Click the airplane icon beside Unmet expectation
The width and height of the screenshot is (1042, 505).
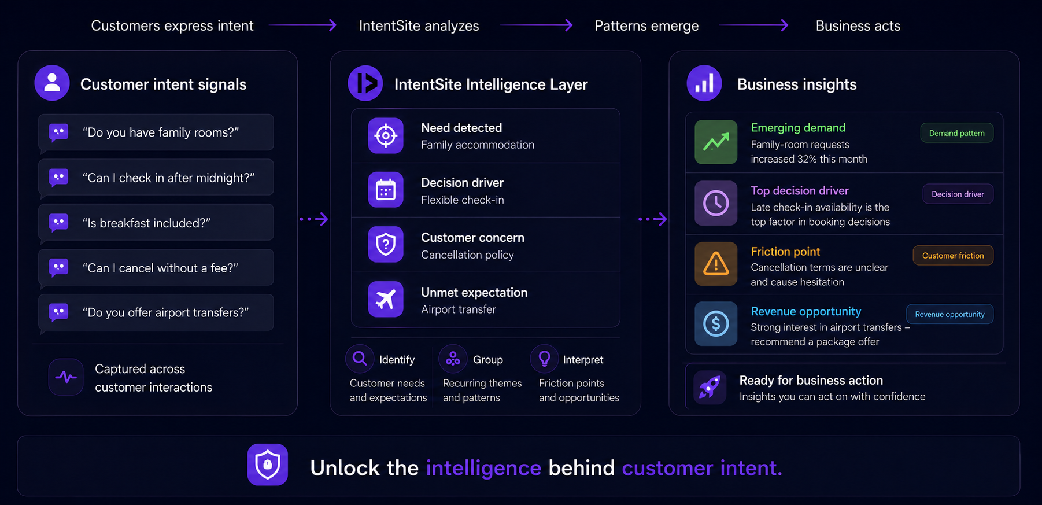tap(386, 300)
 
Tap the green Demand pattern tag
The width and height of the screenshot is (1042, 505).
tap(957, 133)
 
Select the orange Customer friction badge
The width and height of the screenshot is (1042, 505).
tap(953, 255)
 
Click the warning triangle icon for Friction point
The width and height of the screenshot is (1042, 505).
tap(716, 264)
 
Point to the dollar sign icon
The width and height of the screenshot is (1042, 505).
tap(716, 324)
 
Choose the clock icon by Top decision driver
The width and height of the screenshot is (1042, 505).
tap(716, 203)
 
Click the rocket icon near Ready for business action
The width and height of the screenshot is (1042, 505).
tap(710, 387)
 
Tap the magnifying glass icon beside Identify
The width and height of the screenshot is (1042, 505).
tap(360, 359)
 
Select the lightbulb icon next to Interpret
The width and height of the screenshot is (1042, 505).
tap(544, 359)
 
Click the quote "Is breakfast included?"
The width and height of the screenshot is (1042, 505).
tap(146, 223)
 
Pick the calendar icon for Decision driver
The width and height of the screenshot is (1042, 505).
tap(386, 190)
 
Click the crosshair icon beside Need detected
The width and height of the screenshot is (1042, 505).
tap(386, 136)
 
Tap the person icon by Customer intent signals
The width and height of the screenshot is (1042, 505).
tap(52, 83)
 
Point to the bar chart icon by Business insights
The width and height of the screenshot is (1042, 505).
tap(704, 83)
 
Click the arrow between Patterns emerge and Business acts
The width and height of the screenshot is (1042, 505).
tap(753, 25)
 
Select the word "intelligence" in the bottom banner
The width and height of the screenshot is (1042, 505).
tap(483, 468)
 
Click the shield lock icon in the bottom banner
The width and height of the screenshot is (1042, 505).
tap(268, 465)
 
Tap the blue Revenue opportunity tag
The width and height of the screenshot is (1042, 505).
tap(949, 314)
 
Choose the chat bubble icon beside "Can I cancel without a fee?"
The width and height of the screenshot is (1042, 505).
tap(58, 268)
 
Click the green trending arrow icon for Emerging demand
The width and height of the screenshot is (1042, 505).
tap(716, 142)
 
